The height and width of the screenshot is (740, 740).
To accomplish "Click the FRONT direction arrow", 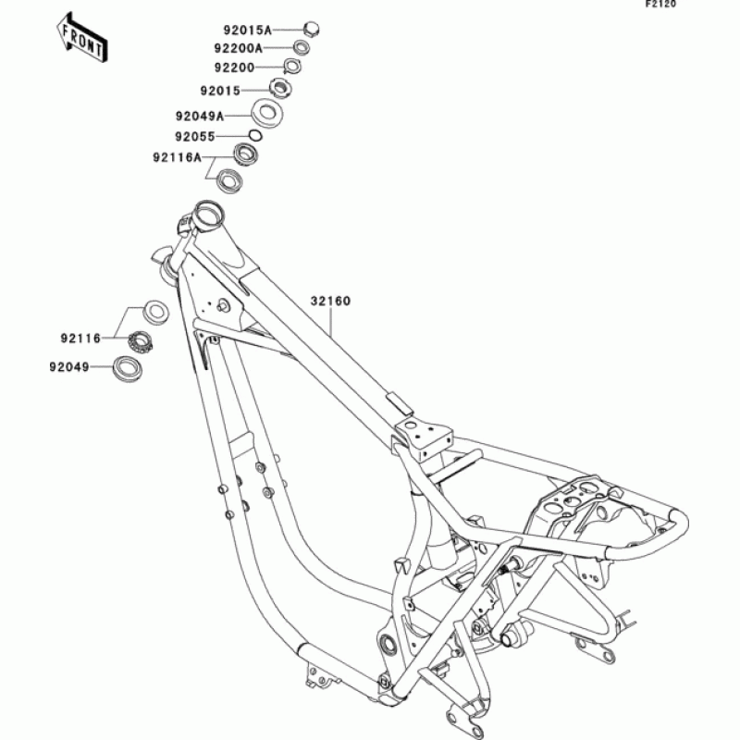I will click(x=80, y=37).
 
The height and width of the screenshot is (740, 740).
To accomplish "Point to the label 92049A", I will click(x=199, y=117).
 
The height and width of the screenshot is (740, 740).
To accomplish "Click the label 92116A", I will click(x=178, y=157).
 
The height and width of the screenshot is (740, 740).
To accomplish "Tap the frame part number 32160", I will click(x=329, y=301).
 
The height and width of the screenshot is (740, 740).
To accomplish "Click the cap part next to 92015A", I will click(x=311, y=28).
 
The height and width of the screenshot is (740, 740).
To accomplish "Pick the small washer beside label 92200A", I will click(x=302, y=47).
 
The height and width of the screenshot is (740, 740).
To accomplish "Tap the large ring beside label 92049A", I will click(x=269, y=115).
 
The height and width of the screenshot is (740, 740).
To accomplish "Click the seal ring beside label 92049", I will click(x=126, y=369).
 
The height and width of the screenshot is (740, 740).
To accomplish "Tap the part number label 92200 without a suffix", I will click(x=234, y=68).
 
